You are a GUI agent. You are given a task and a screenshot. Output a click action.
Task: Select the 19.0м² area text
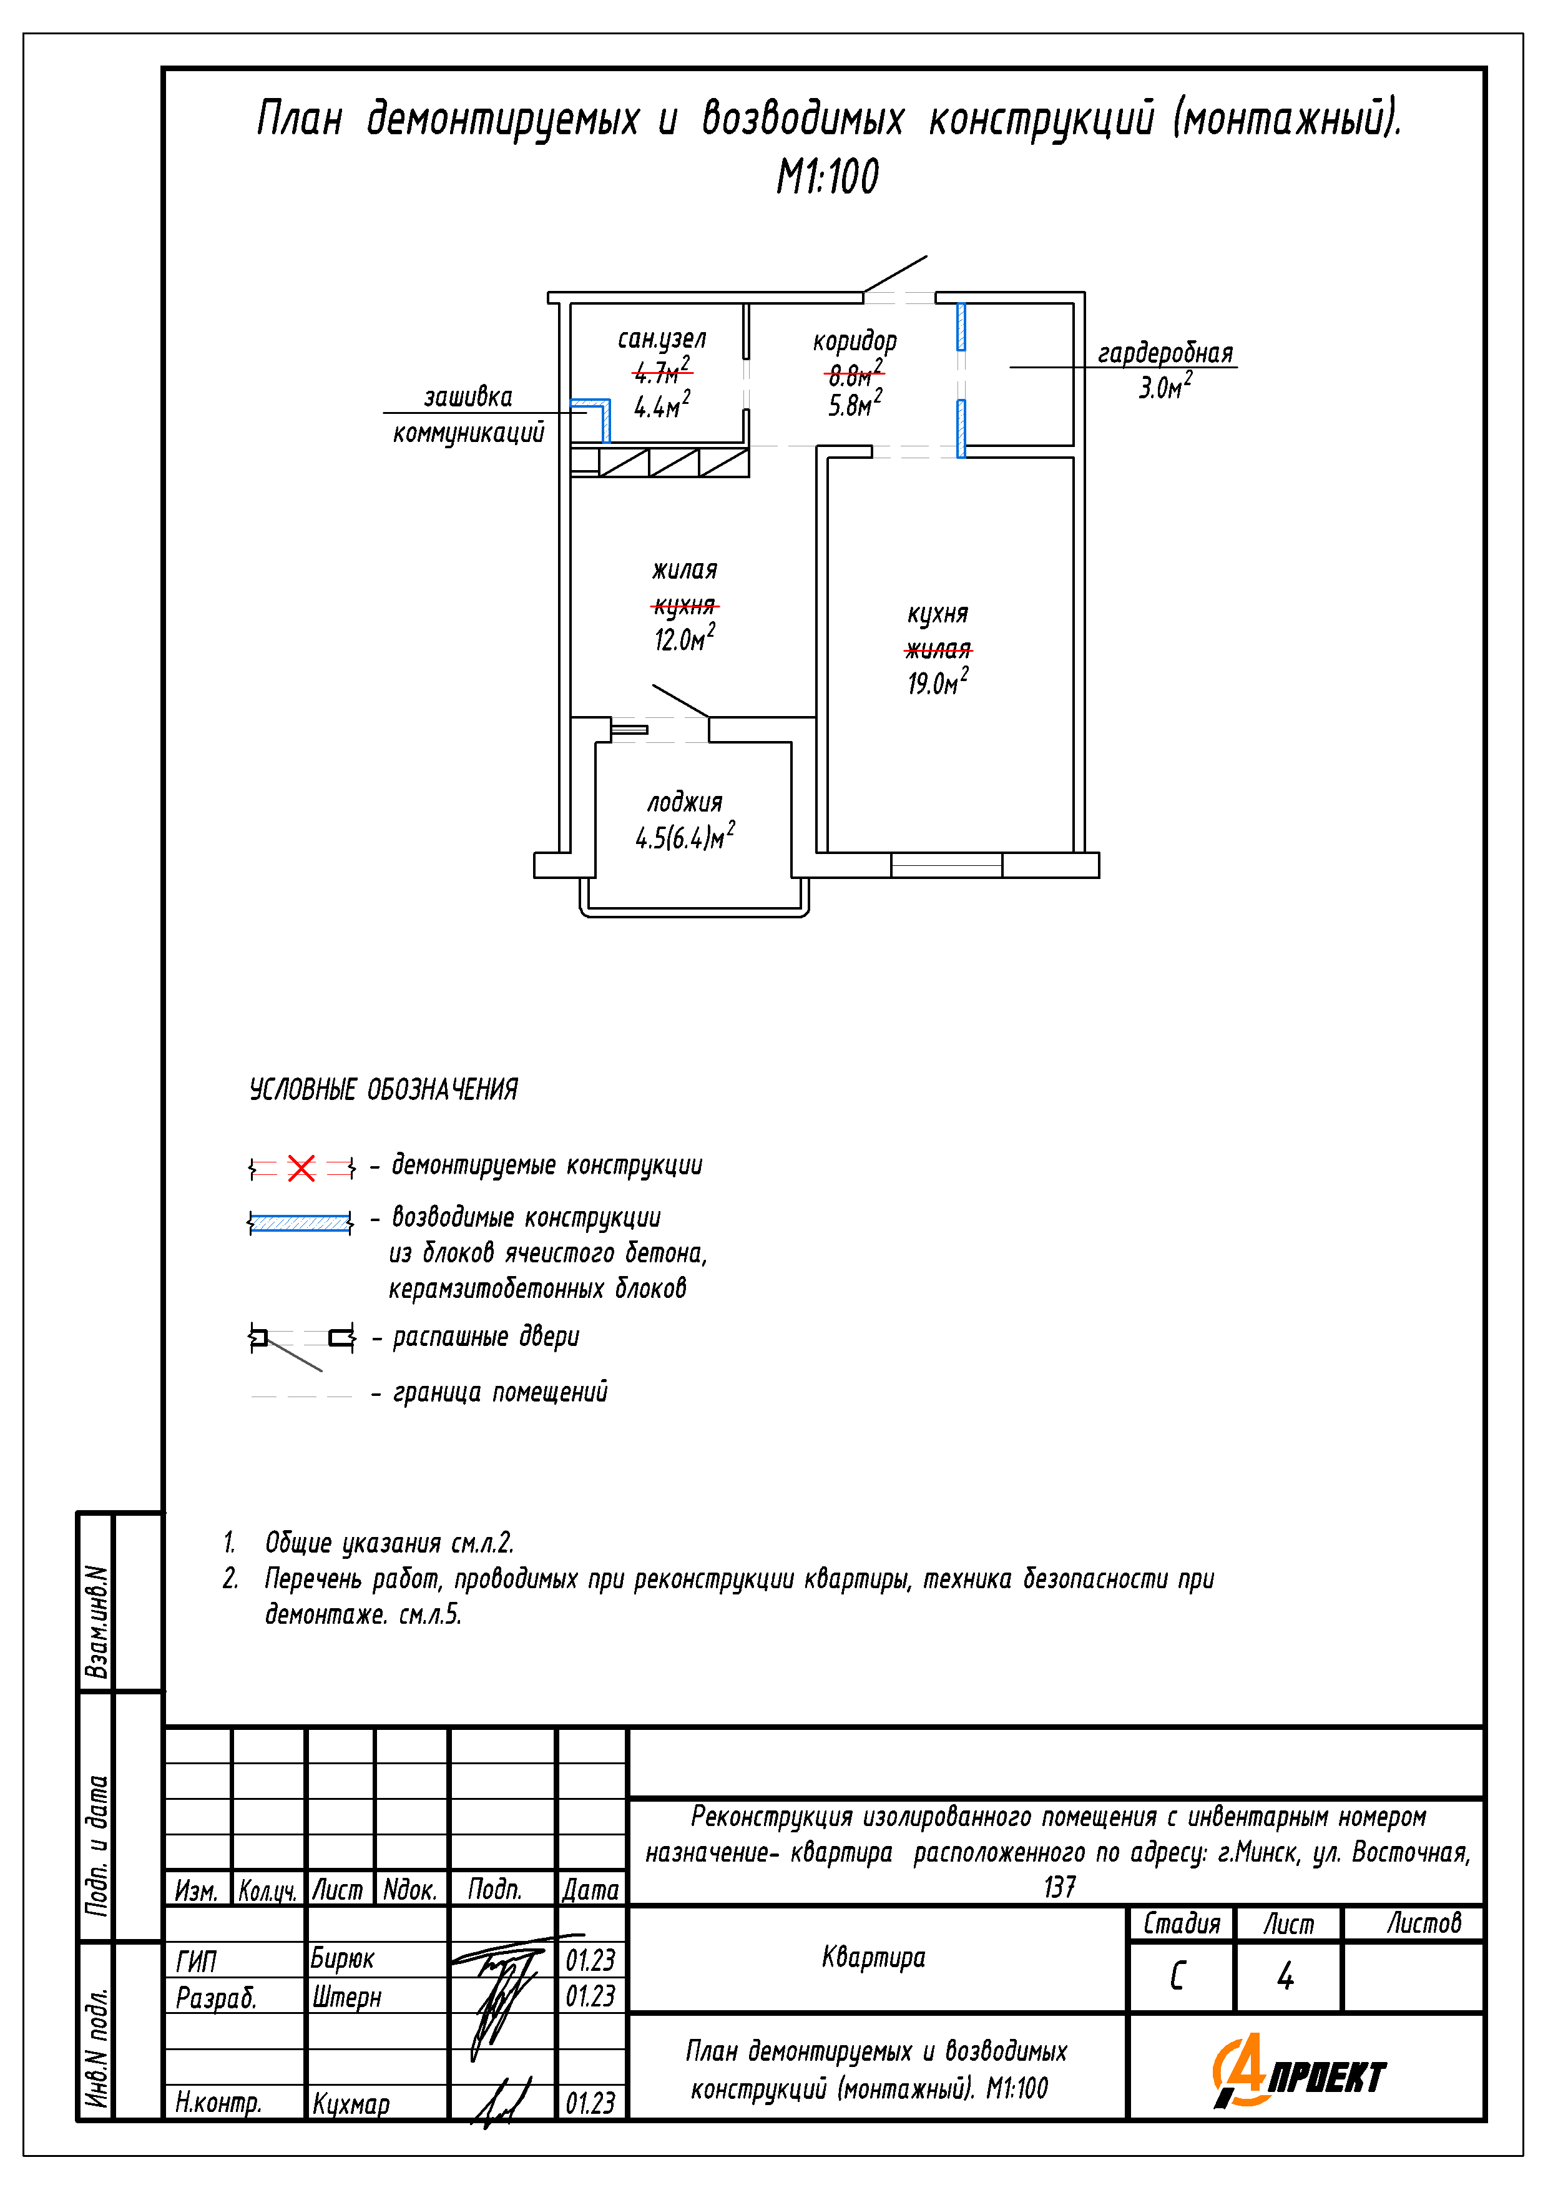[x=938, y=682]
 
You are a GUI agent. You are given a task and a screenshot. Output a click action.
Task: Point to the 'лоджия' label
[x=685, y=802]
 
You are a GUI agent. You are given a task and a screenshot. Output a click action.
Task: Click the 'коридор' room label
[x=855, y=340]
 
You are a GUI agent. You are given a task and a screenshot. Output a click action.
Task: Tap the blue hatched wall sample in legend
[x=300, y=1222]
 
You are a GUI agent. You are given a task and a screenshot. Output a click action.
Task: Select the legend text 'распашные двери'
[x=486, y=1337]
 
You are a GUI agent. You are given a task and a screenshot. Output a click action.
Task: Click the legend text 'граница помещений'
[x=500, y=1393]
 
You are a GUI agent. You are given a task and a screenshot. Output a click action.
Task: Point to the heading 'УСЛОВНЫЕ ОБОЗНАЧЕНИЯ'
[x=383, y=1089]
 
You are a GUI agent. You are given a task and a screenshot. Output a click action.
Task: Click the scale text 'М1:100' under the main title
[x=827, y=177]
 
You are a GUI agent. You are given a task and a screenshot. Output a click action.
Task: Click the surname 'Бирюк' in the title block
[x=343, y=1958]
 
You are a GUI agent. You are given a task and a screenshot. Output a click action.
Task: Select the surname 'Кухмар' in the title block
[x=351, y=2102]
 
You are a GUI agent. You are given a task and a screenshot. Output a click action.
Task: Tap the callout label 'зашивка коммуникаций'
[x=468, y=415]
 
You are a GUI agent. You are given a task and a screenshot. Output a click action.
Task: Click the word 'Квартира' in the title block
[x=874, y=1957]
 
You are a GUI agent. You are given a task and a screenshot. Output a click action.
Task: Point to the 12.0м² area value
[x=684, y=638]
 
